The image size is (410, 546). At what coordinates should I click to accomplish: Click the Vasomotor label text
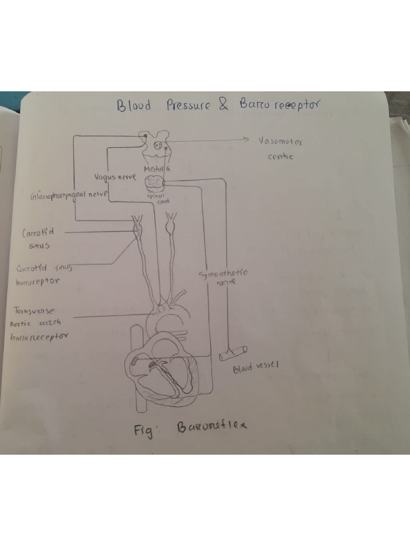280,142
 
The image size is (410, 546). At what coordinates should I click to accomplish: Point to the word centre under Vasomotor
280,157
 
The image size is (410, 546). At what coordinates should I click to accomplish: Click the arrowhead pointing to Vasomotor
246,140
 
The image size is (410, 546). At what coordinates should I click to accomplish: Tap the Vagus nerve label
115,176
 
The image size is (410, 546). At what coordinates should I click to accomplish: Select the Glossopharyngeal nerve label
69,195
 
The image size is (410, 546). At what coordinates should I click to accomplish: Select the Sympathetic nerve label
223,277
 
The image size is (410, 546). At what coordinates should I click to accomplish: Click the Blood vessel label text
256,367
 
